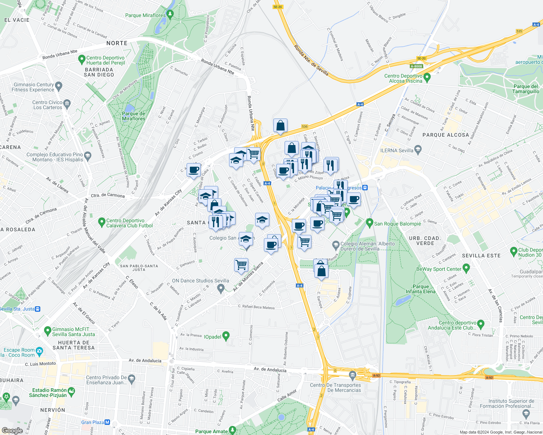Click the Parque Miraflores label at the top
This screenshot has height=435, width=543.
pyautogui.click(x=145, y=15)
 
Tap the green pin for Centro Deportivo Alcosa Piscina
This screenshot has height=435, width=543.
pyautogui.click(x=427, y=77)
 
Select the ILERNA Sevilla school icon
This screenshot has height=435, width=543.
pyautogui.click(x=418, y=149)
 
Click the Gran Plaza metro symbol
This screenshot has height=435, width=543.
pyautogui.click(x=107, y=422)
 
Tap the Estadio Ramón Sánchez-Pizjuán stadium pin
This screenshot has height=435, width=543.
pyautogui.click(x=72, y=391)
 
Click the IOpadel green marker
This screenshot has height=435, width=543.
pyautogui.click(x=226, y=336)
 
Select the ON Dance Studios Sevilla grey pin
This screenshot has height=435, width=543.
pyautogui.click(x=220, y=289)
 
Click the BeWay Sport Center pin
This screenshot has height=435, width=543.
pyautogui.click(x=466, y=268)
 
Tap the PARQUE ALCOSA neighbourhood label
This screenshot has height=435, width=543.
pyautogui.click(x=446, y=135)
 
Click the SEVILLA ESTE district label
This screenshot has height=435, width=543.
pyautogui.click(x=481, y=256)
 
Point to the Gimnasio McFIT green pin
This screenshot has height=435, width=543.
pyautogui.click(x=47, y=331)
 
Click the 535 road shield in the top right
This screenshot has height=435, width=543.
pyautogui.click(x=519, y=31)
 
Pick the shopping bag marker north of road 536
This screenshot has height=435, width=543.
pyautogui.click(x=281, y=126)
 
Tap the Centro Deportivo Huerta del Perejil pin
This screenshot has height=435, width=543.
pyautogui.click(x=81, y=59)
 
